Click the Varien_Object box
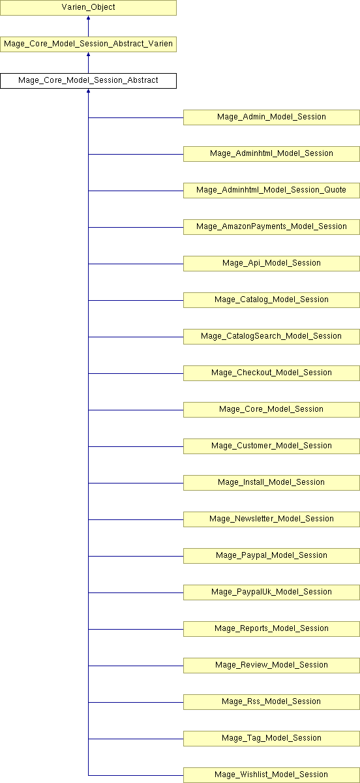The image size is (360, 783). tap(88, 8)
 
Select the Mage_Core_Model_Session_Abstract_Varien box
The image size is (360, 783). tap(88, 44)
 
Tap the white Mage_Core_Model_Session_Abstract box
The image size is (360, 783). tap(88, 81)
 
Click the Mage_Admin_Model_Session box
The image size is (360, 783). tap(271, 117)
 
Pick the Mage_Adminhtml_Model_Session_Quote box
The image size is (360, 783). tap(271, 191)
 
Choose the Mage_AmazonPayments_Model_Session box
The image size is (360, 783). tap(271, 227)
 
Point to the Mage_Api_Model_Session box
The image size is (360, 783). tap(271, 264)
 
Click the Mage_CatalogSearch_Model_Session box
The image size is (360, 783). tap(271, 337)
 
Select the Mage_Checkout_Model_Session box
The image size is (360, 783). tap(271, 373)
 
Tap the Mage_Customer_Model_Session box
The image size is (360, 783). tap(271, 446)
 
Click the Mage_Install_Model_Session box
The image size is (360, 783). tap(271, 483)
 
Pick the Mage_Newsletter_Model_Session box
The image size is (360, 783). tap(271, 519)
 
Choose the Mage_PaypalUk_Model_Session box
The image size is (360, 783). tap(271, 592)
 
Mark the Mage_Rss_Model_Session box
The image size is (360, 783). tap(271, 702)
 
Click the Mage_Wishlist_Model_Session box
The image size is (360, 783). tap(271, 775)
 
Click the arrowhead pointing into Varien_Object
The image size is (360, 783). tap(89, 18)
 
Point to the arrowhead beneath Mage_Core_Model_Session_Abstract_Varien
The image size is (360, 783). tap(89, 54)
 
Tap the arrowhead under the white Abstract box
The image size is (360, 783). tap(89, 91)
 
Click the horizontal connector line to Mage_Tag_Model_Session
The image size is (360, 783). tap(136, 739)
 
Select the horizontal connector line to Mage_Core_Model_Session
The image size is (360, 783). tap(136, 410)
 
